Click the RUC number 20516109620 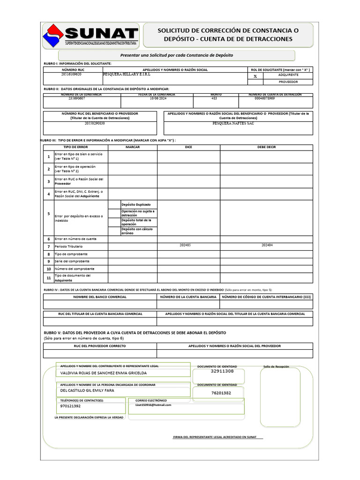pyautogui.click(x=71, y=75)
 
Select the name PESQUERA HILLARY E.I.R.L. pyautogui.click(x=124, y=75)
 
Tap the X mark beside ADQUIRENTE pyautogui.click(x=255, y=76)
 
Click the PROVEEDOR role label pyautogui.click(x=288, y=82)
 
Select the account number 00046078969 pyautogui.click(x=265, y=98)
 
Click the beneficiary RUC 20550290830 pyautogui.click(x=95, y=123)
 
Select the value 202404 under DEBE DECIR pyautogui.click(x=267, y=245)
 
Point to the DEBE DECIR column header pyautogui.click(x=267, y=147)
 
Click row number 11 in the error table pyautogui.click(x=48, y=278)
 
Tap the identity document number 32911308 pyautogui.click(x=222, y=371)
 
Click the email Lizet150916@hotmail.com pyautogui.click(x=153, y=405)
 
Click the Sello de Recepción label pyautogui.click(x=276, y=367)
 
